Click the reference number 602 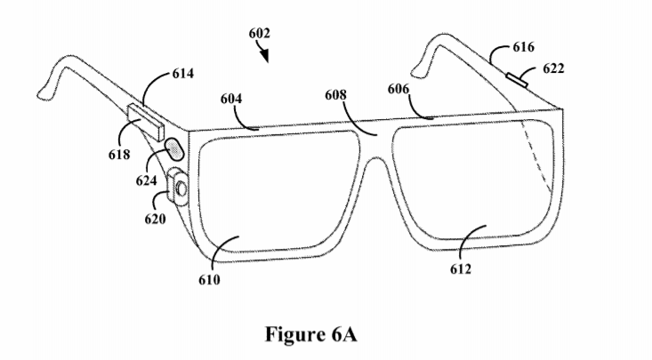point(260,33)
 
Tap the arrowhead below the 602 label point(265,56)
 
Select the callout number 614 point(183,74)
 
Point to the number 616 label point(524,47)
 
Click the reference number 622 point(553,68)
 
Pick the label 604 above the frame point(230,99)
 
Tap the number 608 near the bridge point(335,95)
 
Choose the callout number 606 point(398,89)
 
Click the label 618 point(119,155)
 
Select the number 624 point(147,180)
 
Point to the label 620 point(155,219)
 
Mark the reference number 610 point(209,280)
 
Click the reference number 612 point(461,269)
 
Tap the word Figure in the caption point(294,335)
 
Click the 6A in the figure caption point(344,334)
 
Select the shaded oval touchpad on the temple point(174,149)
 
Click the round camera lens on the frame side point(181,189)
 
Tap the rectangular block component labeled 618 point(146,122)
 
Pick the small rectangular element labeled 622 point(517,80)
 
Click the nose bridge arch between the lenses point(376,159)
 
